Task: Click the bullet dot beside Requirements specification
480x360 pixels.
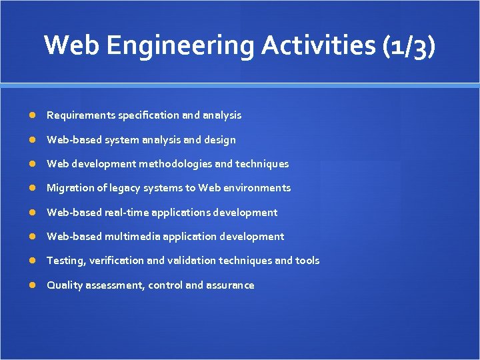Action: coord(33,115)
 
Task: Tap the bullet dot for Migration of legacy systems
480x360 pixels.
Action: coord(33,188)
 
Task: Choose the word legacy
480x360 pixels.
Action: coord(117,188)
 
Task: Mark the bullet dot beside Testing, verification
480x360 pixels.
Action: coord(33,261)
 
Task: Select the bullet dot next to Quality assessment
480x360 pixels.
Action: coord(33,285)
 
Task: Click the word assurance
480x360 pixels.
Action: coord(230,285)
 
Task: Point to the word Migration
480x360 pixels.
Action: coord(70,188)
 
